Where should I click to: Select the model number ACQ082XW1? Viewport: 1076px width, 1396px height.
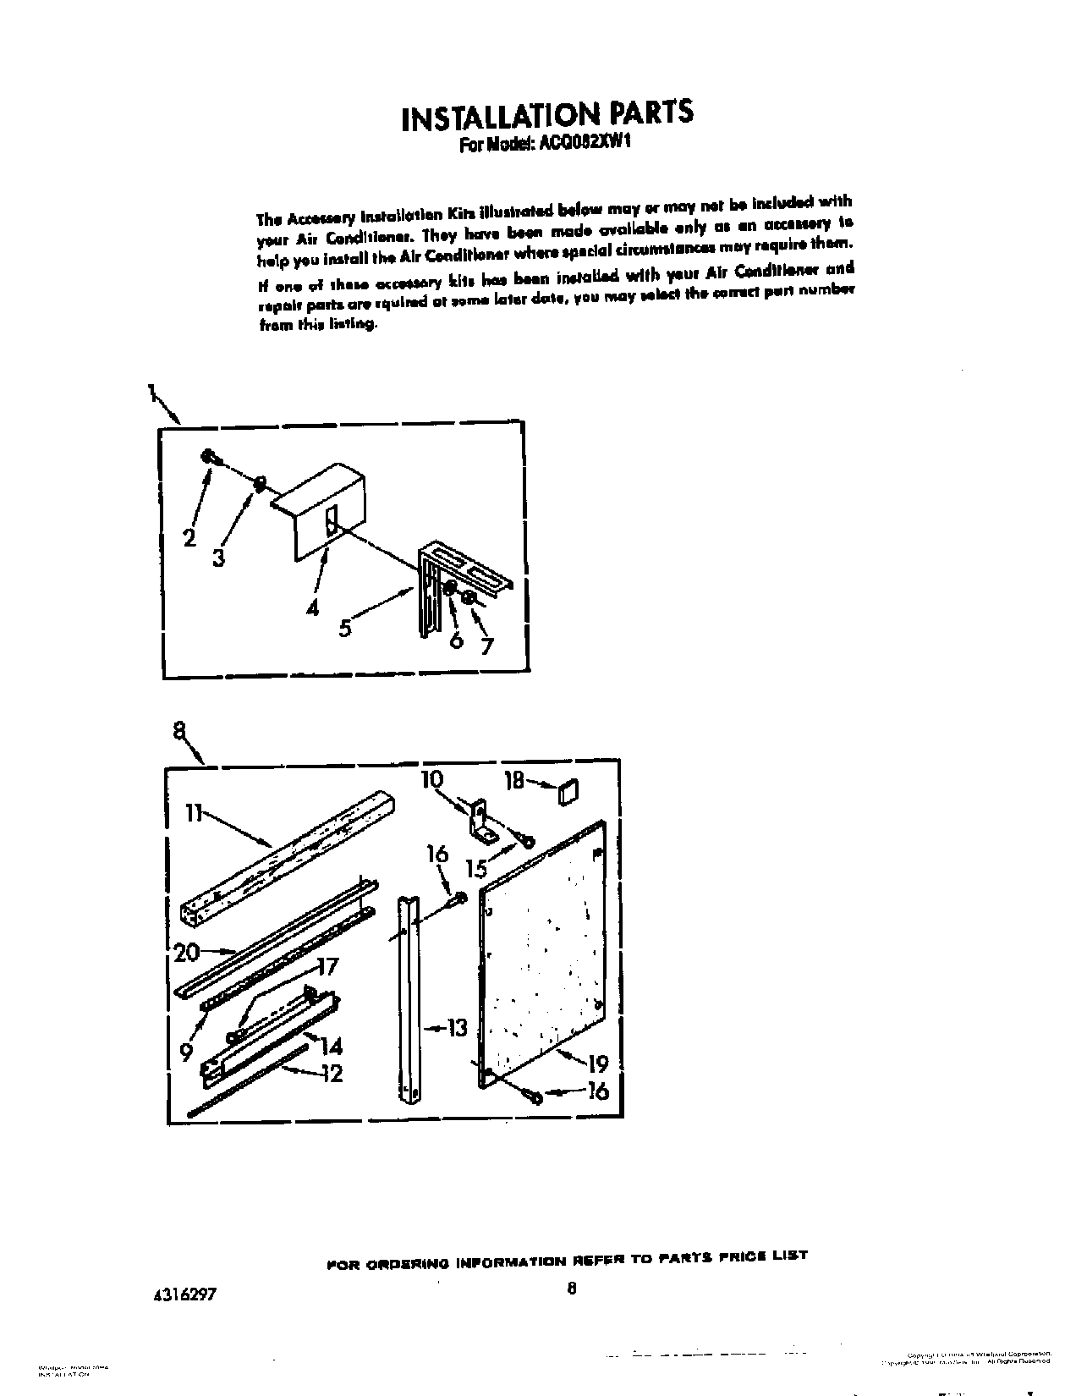[584, 145]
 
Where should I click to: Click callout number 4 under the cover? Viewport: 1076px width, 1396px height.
[314, 607]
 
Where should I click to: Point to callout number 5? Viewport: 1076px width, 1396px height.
[345, 629]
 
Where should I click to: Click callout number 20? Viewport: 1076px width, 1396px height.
[186, 953]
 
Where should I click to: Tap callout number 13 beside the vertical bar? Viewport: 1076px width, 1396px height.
[458, 1029]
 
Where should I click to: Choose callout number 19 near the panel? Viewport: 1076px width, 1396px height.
[597, 1063]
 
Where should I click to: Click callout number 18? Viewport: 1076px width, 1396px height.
[514, 780]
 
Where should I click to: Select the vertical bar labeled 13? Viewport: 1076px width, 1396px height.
[409, 998]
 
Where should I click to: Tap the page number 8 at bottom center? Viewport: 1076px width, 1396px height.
[572, 1290]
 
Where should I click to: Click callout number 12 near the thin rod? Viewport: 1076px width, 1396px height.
[332, 1074]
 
